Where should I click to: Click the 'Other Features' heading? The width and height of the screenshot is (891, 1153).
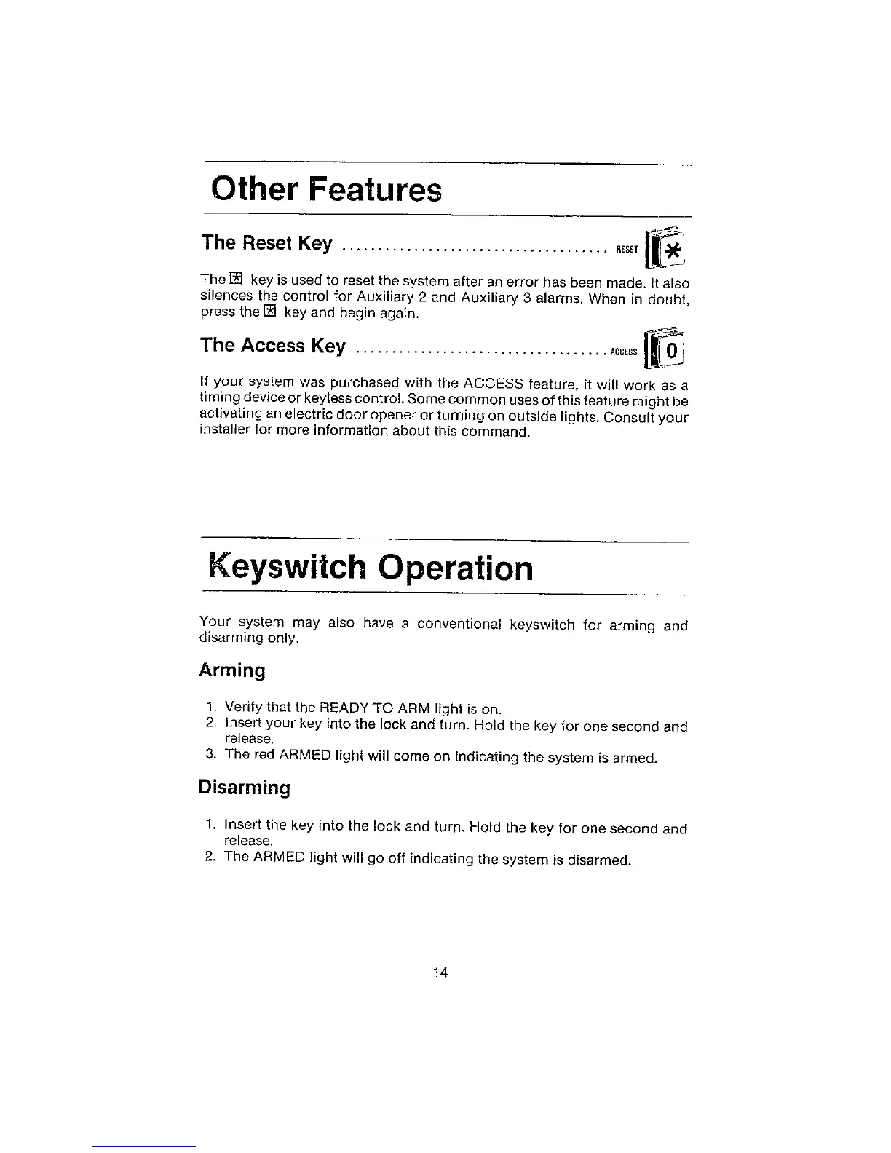pyautogui.click(x=326, y=190)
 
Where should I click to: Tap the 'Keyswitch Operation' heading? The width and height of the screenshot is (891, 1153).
pyautogui.click(x=371, y=568)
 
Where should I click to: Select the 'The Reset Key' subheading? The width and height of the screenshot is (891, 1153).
pyautogui.click(x=266, y=242)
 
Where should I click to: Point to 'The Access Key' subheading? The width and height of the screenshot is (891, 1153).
pyautogui.click(x=273, y=345)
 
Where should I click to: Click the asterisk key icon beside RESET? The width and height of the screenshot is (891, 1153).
pyautogui.click(x=672, y=249)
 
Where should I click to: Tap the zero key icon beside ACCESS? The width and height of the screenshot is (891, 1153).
pyautogui.click(x=670, y=352)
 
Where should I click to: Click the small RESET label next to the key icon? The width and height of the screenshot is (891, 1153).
pyautogui.click(x=627, y=250)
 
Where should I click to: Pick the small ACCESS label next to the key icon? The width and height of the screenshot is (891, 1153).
pyautogui.click(x=624, y=352)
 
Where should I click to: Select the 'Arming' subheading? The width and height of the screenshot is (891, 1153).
pyautogui.click(x=232, y=670)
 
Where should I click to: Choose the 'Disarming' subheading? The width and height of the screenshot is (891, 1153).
pyautogui.click(x=244, y=788)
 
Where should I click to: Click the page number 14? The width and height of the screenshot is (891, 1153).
pyautogui.click(x=440, y=972)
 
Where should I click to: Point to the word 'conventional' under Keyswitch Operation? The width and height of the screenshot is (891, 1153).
pyautogui.click(x=459, y=625)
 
